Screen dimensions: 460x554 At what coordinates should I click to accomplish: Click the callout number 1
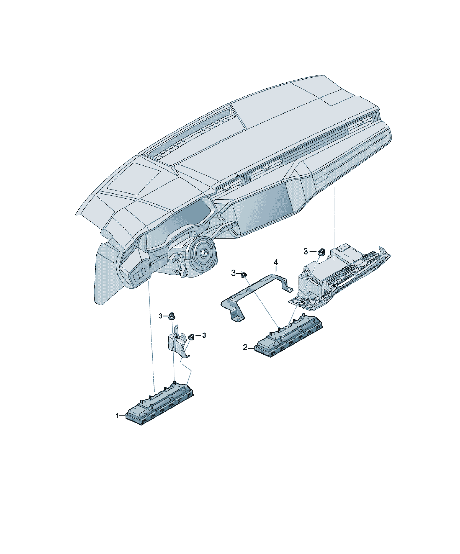pyautogui.click(x=117, y=416)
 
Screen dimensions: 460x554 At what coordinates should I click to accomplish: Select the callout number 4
pyautogui.click(x=276, y=262)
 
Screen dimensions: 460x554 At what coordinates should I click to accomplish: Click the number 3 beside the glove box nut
pyautogui.click(x=306, y=251)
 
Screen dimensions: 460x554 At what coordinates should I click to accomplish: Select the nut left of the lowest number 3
pyautogui.click(x=192, y=336)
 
